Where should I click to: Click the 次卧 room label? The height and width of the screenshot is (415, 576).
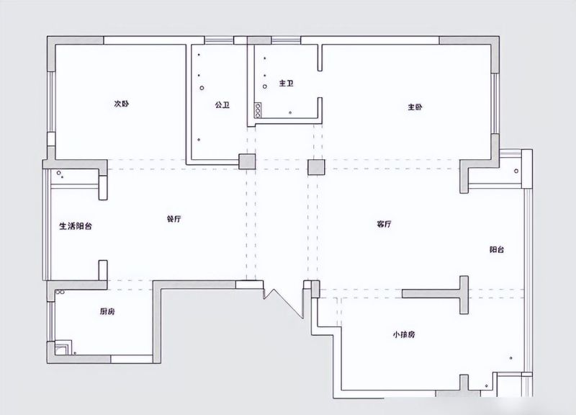click(x=121, y=104)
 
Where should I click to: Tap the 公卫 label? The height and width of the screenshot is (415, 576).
click(x=222, y=105)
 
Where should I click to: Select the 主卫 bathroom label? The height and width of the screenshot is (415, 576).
click(x=286, y=83)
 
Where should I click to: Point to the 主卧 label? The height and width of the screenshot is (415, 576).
click(x=415, y=107)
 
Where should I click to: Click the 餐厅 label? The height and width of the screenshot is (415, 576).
click(x=174, y=219)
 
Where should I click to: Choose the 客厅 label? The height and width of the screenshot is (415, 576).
click(x=384, y=224)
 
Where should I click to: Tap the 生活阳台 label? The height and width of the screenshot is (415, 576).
click(x=76, y=226)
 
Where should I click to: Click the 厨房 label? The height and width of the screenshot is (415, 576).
click(x=107, y=312)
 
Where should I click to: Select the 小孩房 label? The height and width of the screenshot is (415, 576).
click(x=404, y=334)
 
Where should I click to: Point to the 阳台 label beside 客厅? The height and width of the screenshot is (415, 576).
click(x=497, y=249)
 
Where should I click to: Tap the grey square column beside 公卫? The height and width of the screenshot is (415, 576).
click(x=247, y=161)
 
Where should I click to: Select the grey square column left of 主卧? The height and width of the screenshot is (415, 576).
click(x=316, y=167)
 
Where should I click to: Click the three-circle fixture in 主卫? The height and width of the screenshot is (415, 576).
click(x=258, y=110)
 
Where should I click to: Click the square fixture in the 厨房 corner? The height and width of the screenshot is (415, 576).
click(x=63, y=349)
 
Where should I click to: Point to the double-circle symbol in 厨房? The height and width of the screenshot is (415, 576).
click(x=60, y=293)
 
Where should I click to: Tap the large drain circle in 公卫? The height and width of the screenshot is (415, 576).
click(x=202, y=88)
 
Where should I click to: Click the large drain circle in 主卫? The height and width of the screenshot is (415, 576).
click(x=265, y=86)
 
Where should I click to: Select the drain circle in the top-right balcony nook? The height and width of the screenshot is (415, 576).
click(x=516, y=171)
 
